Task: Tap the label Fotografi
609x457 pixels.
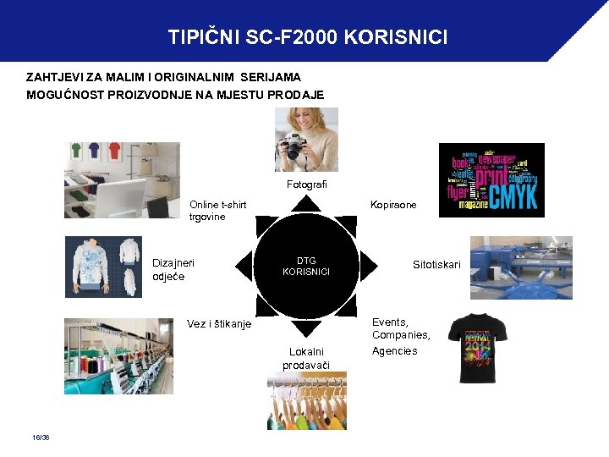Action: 306,184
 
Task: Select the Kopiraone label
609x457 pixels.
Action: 393,205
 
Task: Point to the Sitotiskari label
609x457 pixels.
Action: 436,265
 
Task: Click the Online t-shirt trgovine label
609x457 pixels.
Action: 217,211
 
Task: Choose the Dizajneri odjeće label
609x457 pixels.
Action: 173,269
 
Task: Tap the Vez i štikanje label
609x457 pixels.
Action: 218,323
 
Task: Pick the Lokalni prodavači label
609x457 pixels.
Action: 305,358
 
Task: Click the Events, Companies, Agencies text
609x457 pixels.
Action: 401,336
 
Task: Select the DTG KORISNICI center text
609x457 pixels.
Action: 305,266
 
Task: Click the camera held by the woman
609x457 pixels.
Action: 293,146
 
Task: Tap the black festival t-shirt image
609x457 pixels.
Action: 478,348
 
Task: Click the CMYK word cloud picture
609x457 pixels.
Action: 491,180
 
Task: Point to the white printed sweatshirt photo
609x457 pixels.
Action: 103,267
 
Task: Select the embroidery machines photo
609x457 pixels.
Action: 118,355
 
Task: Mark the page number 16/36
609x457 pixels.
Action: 39,437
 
